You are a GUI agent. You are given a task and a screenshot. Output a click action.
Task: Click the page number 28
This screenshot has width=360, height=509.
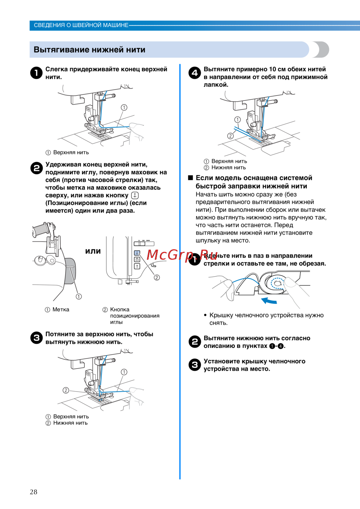pos(33,492)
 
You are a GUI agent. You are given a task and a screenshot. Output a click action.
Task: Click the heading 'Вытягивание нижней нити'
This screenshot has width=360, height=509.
pos(89,50)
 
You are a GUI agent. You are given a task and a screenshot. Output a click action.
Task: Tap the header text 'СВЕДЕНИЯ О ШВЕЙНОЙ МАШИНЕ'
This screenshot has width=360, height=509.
pos(81,25)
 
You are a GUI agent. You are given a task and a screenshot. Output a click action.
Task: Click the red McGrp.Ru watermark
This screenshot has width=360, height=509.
pos(182,255)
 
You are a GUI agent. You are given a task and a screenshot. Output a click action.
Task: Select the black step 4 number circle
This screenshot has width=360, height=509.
pos(194,73)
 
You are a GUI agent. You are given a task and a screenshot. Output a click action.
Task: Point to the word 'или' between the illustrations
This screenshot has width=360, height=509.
pos(93,251)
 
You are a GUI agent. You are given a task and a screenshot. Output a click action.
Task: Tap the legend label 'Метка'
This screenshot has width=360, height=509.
pos(61,309)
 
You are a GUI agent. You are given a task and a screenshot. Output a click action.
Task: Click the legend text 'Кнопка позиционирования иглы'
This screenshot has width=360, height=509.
pos(134,316)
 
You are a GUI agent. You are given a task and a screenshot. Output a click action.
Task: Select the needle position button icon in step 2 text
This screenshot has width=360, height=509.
pos(135,195)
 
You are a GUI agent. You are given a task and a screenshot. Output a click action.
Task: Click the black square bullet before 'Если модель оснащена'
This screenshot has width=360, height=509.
pos(190,178)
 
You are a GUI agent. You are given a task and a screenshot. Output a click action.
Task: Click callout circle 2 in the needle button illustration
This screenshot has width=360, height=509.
pos(157,277)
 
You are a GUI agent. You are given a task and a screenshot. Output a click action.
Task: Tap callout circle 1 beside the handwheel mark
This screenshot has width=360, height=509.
pos(78,296)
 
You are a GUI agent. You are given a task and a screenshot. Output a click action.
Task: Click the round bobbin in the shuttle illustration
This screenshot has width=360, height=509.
pos(277,283)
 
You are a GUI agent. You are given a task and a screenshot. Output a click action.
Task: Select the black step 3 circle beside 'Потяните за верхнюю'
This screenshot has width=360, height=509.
pos(36,338)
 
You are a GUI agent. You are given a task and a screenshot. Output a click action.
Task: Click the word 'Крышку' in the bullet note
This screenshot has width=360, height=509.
pos(221,315)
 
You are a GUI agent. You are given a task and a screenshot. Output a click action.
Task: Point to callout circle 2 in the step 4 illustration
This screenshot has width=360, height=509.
pos(230,136)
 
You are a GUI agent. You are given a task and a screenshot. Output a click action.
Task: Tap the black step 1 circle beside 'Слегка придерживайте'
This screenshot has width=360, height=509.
pos(36,73)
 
